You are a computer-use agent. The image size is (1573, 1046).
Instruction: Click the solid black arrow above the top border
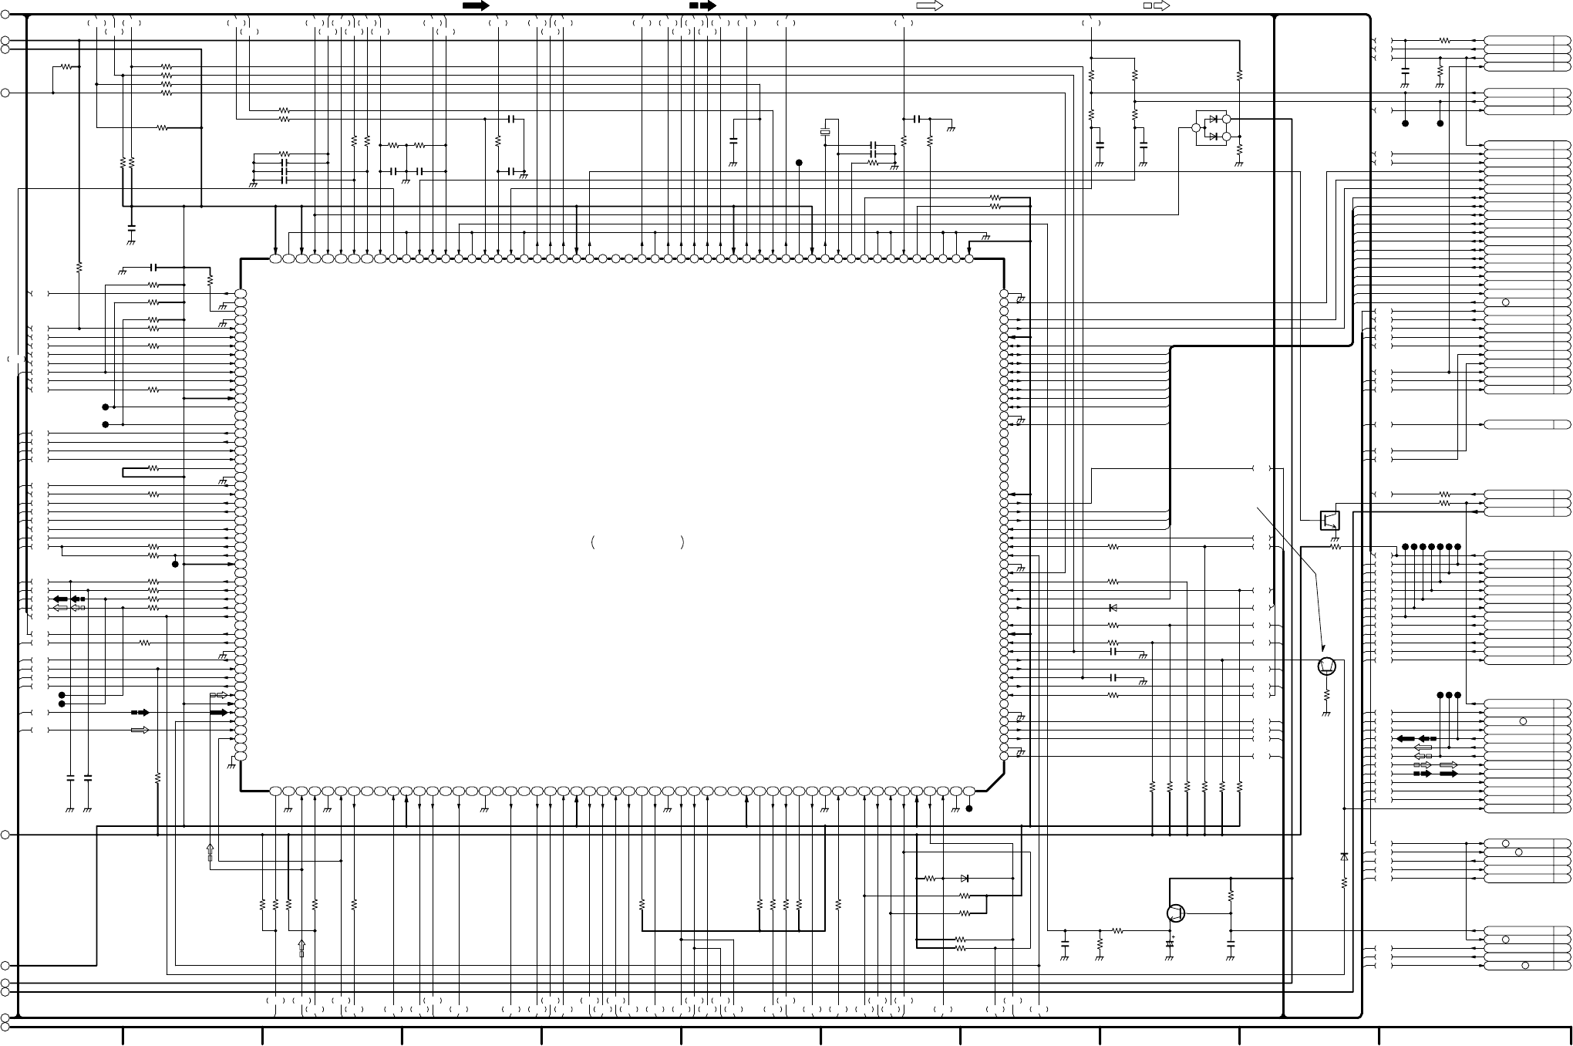coord(476,5)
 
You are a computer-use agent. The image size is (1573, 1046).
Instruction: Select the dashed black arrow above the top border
coord(702,5)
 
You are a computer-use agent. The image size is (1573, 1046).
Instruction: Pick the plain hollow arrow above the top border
coord(930,5)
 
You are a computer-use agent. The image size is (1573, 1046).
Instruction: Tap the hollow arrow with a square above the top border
coord(1157,5)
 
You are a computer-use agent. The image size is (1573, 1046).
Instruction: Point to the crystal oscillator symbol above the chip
coord(825,132)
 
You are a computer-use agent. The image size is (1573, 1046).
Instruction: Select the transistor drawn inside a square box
coord(1329,521)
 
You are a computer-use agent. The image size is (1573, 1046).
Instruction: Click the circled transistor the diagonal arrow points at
coord(1326,666)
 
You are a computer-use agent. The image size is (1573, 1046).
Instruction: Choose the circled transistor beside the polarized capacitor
coord(1176,913)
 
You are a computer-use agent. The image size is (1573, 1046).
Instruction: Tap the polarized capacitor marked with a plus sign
coord(1170,943)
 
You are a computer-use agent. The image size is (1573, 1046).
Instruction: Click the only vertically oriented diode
coord(1344,856)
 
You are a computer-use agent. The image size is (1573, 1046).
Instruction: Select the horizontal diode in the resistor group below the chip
coord(965,878)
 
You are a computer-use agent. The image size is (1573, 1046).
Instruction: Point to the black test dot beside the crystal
coord(800,163)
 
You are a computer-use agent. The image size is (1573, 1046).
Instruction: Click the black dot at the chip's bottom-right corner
coord(969,808)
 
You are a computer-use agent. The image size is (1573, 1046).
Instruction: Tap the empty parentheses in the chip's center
coord(637,542)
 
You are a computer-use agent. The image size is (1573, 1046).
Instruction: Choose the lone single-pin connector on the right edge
coord(1527,424)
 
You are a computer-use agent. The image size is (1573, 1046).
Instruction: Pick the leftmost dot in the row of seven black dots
coord(1406,547)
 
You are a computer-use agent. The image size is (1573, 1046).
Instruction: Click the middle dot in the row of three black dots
coord(1449,695)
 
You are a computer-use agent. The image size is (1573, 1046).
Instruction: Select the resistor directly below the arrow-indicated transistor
coord(1326,697)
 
